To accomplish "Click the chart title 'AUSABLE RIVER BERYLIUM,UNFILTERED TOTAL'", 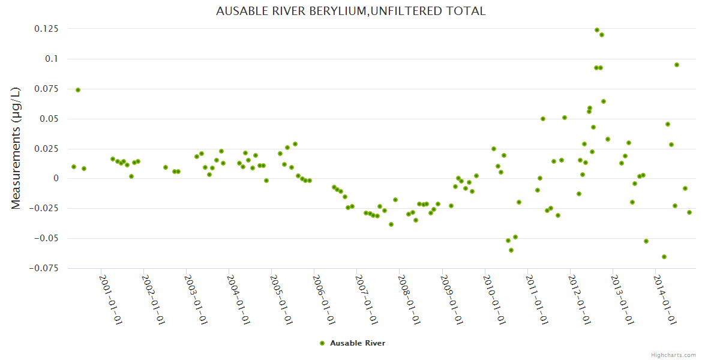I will [x=350, y=11].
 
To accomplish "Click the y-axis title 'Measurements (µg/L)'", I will [x=16, y=148].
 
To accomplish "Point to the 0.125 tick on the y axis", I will [x=46, y=29].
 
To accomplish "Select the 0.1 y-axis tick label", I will [x=52, y=59].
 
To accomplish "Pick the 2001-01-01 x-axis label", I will [x=110, y=299].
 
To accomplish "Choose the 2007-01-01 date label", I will [x=366, y=299].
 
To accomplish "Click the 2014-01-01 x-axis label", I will [x=665, y=299].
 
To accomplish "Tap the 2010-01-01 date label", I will [x=494, y=299].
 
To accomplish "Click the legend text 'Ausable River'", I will [x=358, y=343].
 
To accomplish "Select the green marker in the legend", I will [x=322, y=343].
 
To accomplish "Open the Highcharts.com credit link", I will [x=674, y=355].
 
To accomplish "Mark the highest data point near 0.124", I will [x=597, y=30].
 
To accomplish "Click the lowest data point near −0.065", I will [x=664, y=257].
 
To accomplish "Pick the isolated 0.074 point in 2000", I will [x=78, y=90].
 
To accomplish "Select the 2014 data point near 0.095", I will [x=677, y=65].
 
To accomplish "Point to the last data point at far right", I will [x=689, y=212].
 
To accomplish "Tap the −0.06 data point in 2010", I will [x=511, y=250].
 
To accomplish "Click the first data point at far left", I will [x=74, y=167].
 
